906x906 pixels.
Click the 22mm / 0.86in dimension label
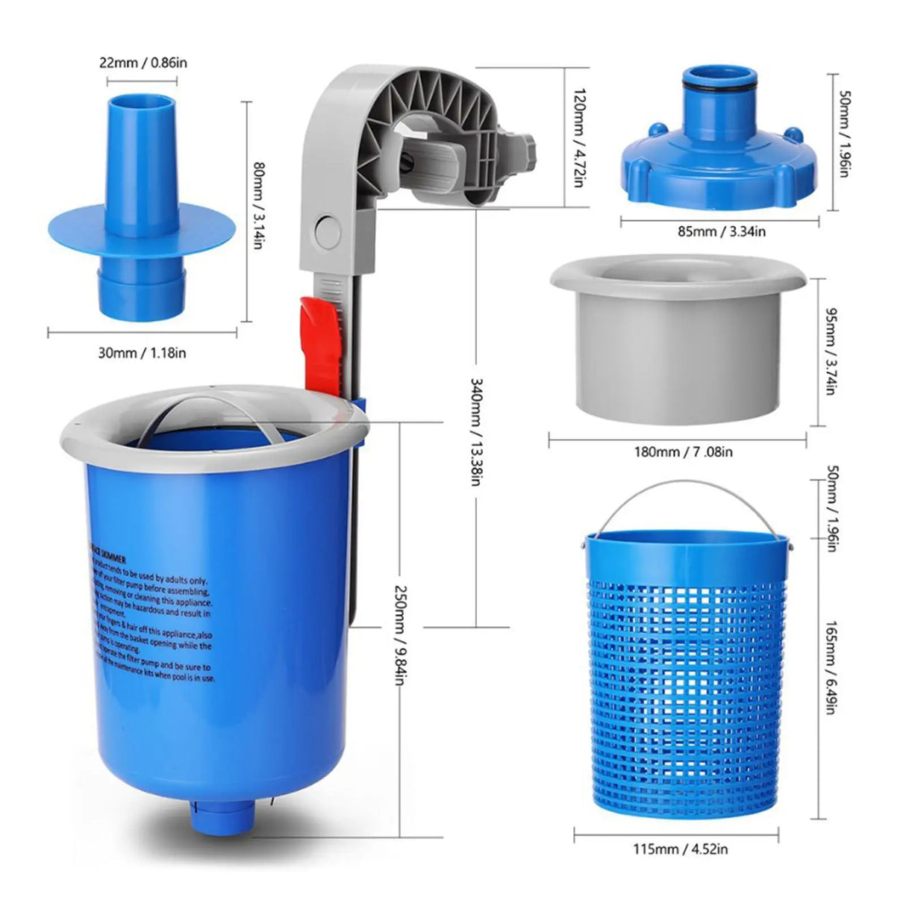point(143,63)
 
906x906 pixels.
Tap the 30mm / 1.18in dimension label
point(143,352)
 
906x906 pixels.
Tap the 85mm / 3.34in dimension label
point(721,231)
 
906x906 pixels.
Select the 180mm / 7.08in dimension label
point(678,452)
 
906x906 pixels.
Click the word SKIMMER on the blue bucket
point(112,559)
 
